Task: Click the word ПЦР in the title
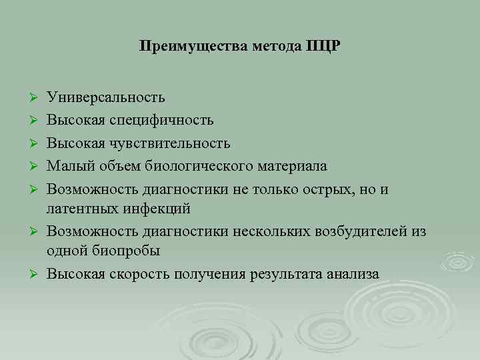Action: point(323,47)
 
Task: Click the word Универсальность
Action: point(106,98)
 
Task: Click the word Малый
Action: point(67,165)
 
